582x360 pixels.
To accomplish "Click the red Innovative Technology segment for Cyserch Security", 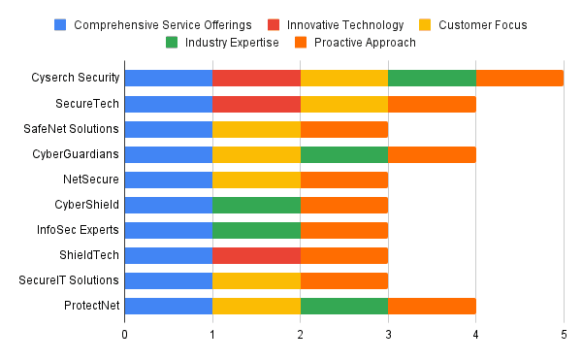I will point(256,78).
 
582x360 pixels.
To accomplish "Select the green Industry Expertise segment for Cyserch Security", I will point(432,78).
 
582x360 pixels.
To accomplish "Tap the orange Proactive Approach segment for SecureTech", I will point(432,103).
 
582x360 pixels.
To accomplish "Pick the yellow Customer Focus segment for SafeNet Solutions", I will point(256,128).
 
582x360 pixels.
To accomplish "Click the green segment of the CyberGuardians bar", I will point(343,153).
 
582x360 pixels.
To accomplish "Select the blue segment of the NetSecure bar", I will point(168,179).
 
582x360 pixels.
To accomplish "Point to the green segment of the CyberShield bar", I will point(256,204).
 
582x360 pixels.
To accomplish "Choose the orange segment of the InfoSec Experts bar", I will point(343,229).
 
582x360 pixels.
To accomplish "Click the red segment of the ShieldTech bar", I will point(256,254).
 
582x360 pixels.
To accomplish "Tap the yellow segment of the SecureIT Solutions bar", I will point(256,279).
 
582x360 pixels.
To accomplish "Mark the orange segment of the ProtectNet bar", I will point(432,305).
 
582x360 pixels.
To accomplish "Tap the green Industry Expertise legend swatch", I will point(171,43).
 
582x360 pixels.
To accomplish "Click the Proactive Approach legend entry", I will point(360,43).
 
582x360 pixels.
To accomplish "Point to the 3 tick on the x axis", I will point(388,334).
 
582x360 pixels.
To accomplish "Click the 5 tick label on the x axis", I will point(564,334).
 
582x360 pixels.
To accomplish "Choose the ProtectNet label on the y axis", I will point(90,305).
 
